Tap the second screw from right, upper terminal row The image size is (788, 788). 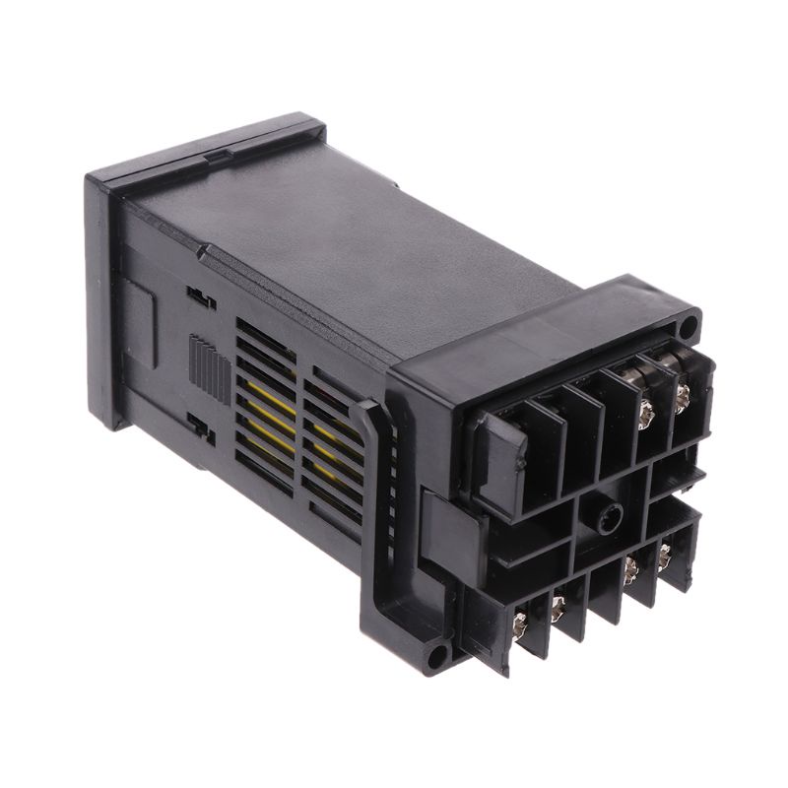tap(647, 408)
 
